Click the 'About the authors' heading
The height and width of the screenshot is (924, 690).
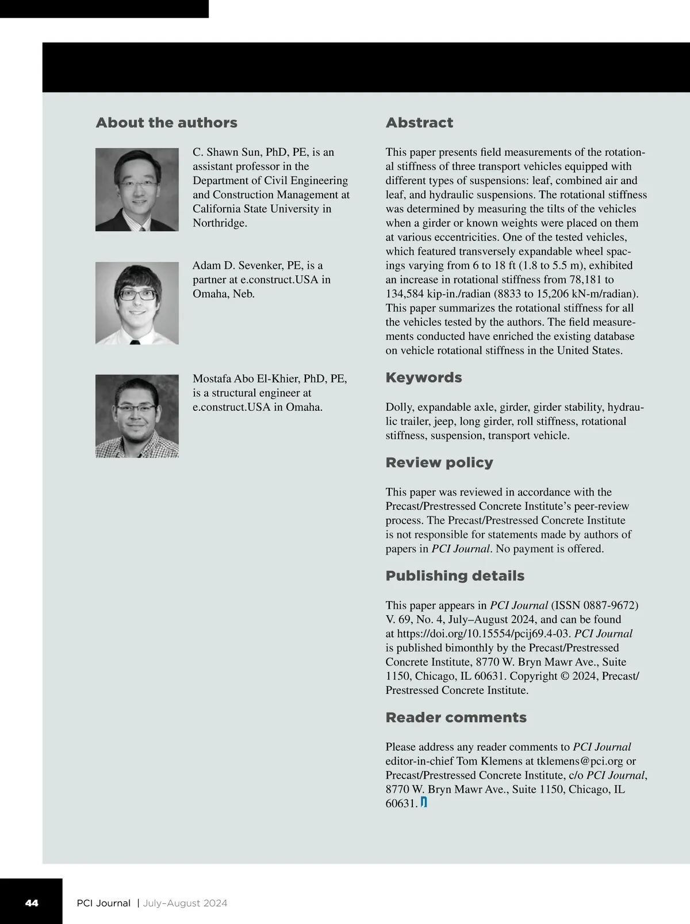point(166,123)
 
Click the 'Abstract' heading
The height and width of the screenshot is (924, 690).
point(419,123)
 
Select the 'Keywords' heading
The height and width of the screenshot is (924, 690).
point(424,377)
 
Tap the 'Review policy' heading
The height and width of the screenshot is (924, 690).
point(439,463)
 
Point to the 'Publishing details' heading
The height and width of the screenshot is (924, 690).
point(455,576)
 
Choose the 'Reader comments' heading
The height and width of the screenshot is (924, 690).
point(456,717)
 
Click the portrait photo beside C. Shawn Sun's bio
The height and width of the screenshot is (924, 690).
point(137,189)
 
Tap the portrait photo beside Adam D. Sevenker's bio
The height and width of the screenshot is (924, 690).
point(137,303)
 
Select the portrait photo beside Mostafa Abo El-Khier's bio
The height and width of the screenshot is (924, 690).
point(137,416)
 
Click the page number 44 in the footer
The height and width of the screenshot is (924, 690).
point(32,903)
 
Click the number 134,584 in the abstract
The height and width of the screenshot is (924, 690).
point(406,293)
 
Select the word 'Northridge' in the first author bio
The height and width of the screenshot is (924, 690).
point(220,223)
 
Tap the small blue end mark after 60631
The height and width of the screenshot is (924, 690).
point(424,803)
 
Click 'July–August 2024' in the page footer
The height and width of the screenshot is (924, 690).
point(185,903)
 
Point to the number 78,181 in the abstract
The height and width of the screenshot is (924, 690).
point(595,280)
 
